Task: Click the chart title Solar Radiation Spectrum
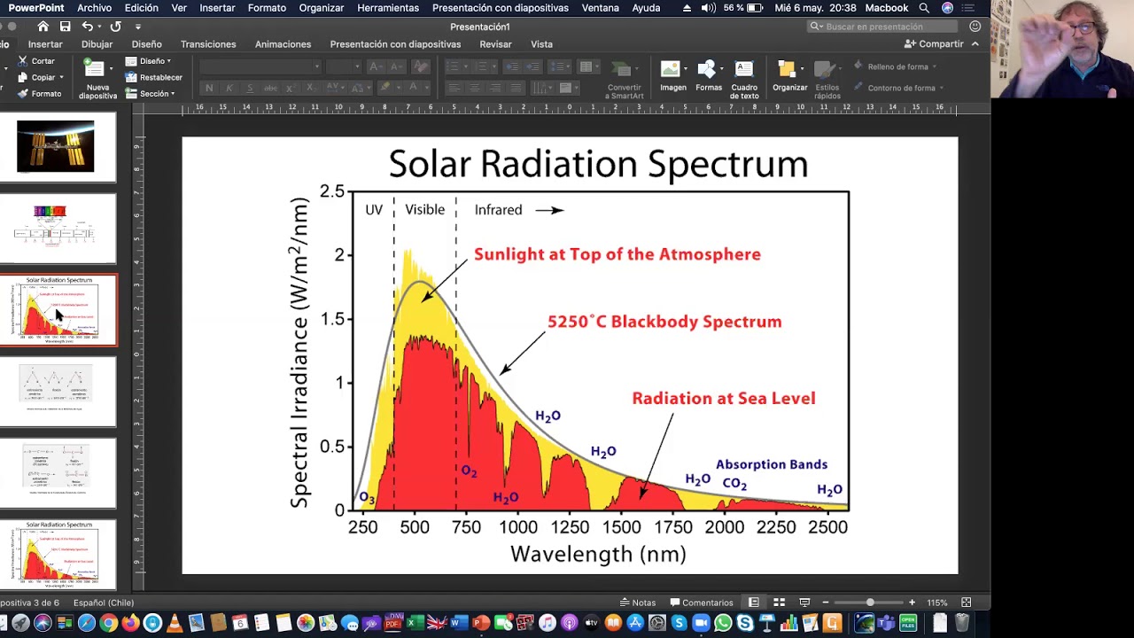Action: tap(598, 164)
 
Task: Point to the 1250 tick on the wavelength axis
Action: tap(569, 526)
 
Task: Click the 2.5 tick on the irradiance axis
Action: tap(331, 191)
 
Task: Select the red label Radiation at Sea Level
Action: tap(723, 399)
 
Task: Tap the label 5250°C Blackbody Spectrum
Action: tap(664, 322)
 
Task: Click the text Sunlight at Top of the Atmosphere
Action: tap(617, 254)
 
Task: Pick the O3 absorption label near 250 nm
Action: tap(367, 499)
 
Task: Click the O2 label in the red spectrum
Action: tap(469, 471)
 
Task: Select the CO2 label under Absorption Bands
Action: tap(734, 484)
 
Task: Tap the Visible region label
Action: tap(424, 210)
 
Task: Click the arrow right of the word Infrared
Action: tap(549, 210)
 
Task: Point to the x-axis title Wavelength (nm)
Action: tap(598, 555)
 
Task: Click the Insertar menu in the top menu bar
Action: tap(217, 8)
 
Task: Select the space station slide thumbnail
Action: tap(55, 146)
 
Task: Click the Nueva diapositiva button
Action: tap(97, 78)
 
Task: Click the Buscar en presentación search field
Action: tap(886, 27)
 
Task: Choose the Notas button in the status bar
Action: tap(638, 603)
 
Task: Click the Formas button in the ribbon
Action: tap(708, 76)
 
